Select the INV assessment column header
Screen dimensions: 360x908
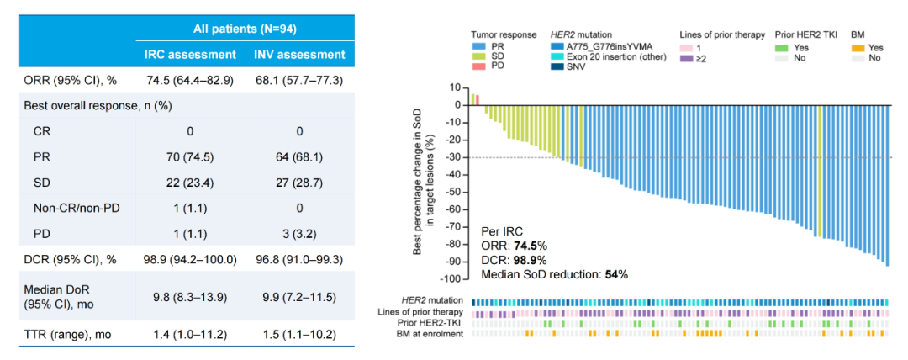(299, 55)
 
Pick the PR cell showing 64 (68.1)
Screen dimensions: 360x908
(299, 156)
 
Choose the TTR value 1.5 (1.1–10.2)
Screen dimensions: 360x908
(299, 335)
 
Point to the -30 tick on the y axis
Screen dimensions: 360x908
(457, 157)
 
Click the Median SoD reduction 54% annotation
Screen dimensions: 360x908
(554, 274)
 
